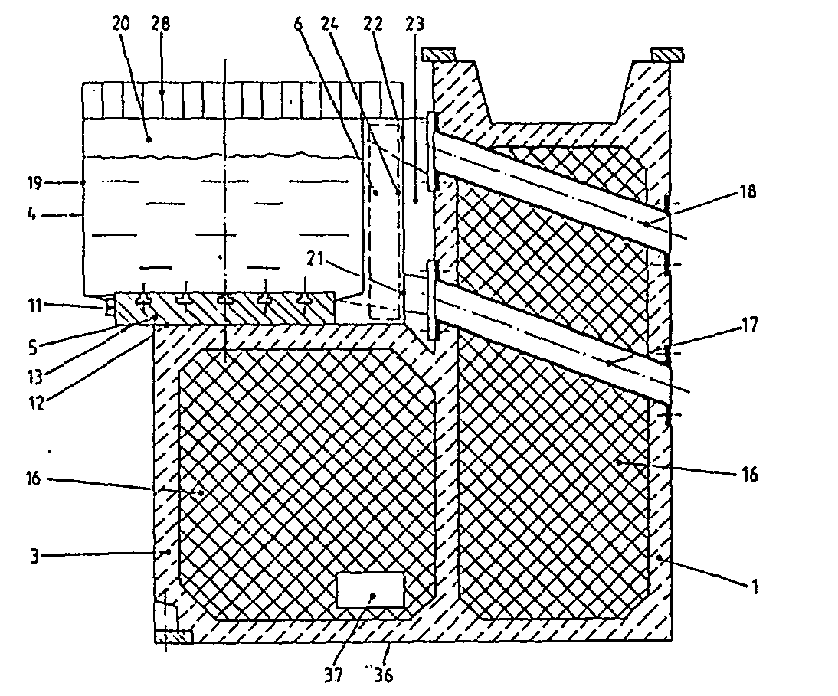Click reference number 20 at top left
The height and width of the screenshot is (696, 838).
click(x=121, y=24)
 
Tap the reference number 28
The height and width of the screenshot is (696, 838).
click(x=159, y=24)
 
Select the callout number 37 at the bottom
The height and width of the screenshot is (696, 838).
click(x=333, y=675)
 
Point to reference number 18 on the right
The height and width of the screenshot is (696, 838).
click(x=748, y=191)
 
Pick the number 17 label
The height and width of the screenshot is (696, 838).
click(x=749, y=325)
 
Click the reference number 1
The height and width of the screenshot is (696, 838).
click(x=754, y=587)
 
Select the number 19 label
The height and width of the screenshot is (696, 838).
click(x=34, y=183)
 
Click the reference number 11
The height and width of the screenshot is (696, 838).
click(x=34, y=306)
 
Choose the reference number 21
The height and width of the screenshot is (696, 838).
click(x=316, y=259)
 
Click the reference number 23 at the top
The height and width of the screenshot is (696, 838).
click(x=414, y=24)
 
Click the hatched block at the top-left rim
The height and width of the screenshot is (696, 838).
click(x=438, y=54)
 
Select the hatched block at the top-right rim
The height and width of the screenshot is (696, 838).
click(x=667, y=54)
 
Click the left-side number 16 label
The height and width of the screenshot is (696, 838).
click(x=33, y=478)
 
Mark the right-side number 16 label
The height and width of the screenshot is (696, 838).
click(x=749, y=474)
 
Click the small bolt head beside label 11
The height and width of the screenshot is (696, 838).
click(x=110, y=307)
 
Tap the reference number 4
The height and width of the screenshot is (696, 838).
click(x=32, y=214)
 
